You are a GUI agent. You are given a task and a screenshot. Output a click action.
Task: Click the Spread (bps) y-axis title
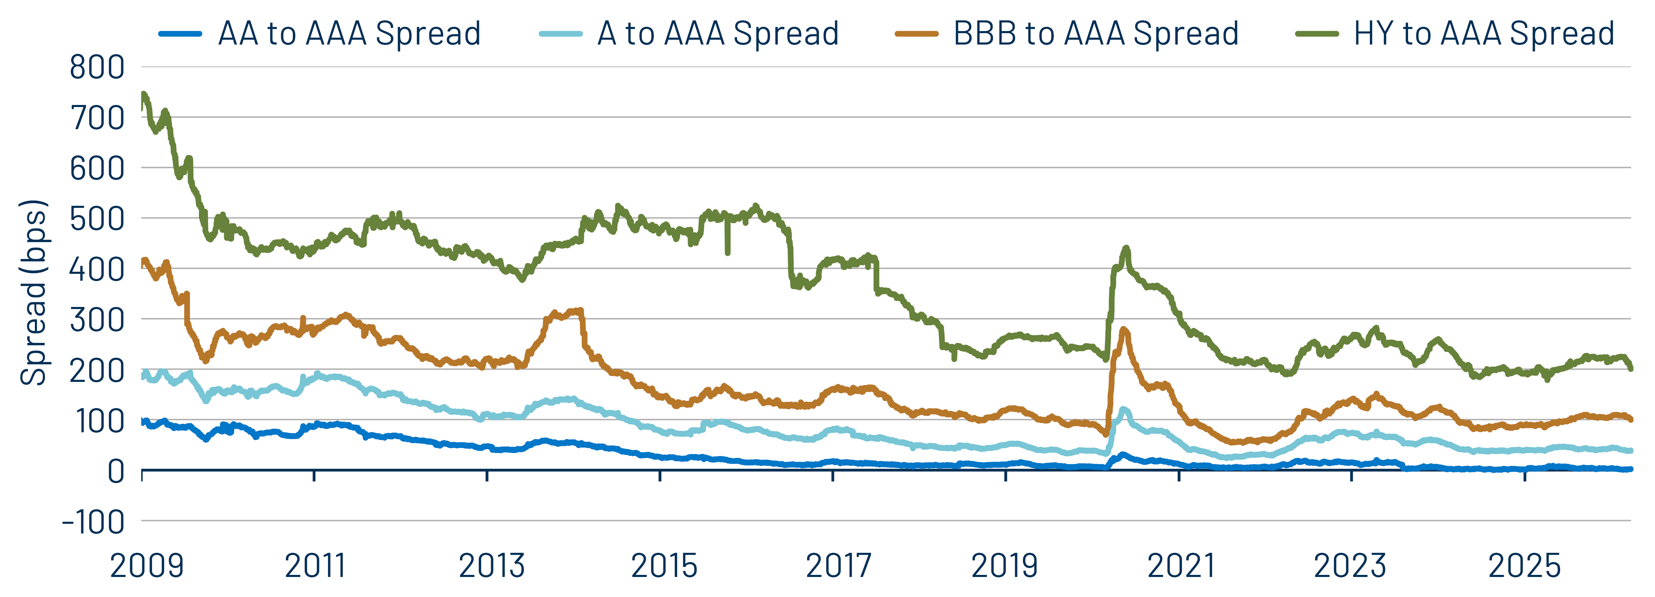coord(34,292)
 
